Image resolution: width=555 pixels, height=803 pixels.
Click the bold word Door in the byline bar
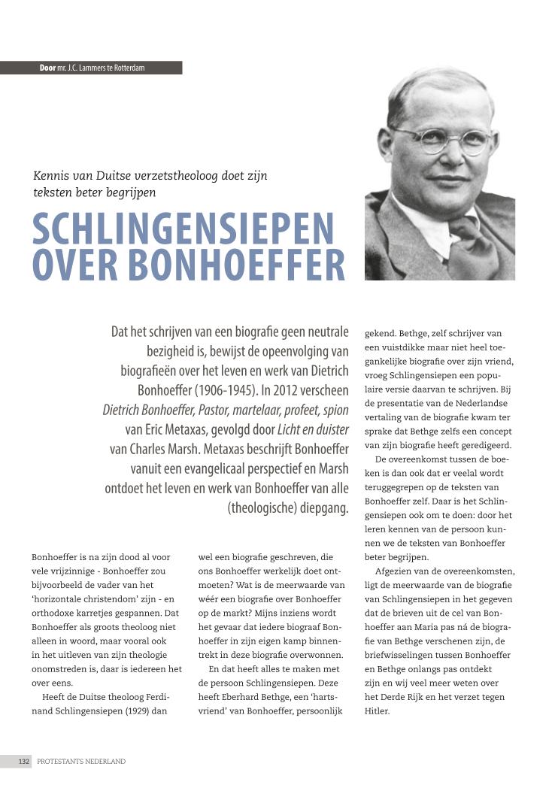click(x=47, y=68)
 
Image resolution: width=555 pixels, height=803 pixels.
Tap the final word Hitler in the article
click(x=378, y=710)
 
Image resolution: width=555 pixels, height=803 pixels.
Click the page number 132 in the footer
click(x=24, y=761)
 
